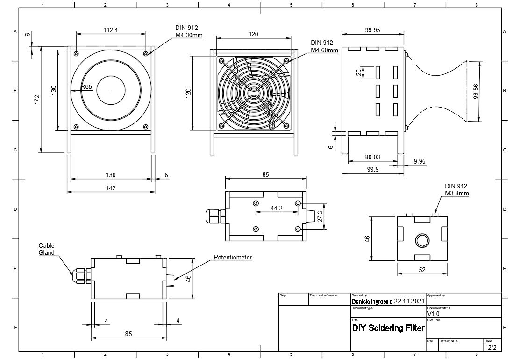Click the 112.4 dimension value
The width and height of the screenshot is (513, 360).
point(110,30)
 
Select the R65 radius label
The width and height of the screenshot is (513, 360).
point(86,86)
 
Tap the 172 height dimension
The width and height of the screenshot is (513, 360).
point(37,100)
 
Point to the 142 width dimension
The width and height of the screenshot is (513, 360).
point(110,188)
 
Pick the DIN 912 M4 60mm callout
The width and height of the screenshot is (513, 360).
point(324,46)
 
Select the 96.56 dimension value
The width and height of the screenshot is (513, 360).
point(476,92)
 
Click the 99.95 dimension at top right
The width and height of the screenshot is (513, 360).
point(372,30)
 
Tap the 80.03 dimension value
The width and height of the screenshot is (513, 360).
point(372,158)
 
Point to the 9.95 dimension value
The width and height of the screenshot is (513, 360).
point(420,161)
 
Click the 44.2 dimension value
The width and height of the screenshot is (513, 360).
point(277,208)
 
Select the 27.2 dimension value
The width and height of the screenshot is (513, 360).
point(320,216)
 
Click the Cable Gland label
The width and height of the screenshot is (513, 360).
point(46,249)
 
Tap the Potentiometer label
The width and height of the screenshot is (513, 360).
point(233,257)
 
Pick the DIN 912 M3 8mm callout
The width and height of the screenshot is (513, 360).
point(456,189)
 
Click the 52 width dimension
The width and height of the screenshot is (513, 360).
point(422,270)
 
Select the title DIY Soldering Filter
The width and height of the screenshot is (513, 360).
point(388,328)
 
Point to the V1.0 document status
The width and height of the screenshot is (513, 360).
point(434,314)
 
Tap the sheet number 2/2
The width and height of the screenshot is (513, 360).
point(492,347)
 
